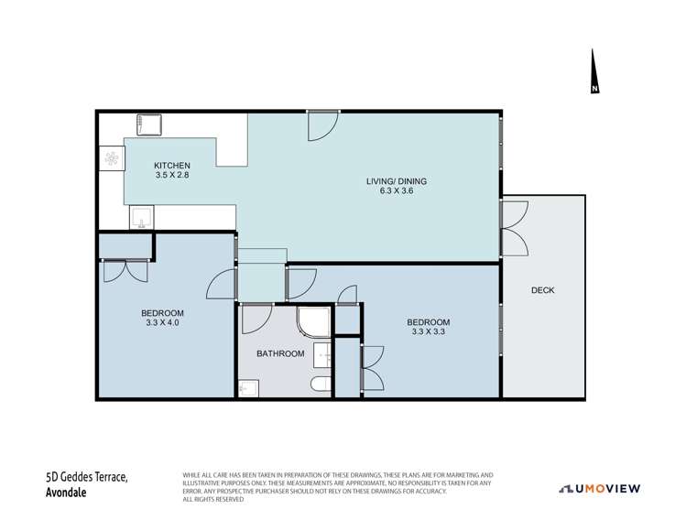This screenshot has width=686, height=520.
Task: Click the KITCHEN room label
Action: pyautogui.click(x=172, y=166)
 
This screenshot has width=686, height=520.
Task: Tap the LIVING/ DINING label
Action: pyautogui.click(x=397, y=181)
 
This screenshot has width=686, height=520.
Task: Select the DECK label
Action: pyautogui.click(x=542, y=290)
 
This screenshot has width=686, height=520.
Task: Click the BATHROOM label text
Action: pyautogui.click(x=280, y=353)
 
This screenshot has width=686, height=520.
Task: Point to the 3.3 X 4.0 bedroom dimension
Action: pyautogui.click(x=162, y=323)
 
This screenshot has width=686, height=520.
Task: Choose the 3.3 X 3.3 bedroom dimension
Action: pyautogui.click(x=429, y=331)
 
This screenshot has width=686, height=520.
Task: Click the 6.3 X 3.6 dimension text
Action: pyautogui.click(x=397, y=190)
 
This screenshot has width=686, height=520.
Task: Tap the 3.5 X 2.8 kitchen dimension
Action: pyautogui.click(x=172, y=175)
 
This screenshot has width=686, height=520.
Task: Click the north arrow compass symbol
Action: pyautogui.click(x=593, y=71)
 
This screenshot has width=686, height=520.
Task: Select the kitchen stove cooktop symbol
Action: pyautogui.click(x=112, y=158)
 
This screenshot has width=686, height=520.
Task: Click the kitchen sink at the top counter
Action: pyautogui.click(x=148, y=125)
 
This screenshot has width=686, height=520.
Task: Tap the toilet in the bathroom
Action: pyautogui.click(x=321, y=385)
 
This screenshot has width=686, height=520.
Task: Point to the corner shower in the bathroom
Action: pyautogui.click(x=313, y=322)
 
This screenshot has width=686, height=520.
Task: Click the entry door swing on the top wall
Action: pyautogui.click(x=323, y=126)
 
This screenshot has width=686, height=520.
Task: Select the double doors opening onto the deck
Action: pyautogui.click(x=515, y=228)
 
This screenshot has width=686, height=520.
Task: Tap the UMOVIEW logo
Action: pyautogui.click(x=599, y=489)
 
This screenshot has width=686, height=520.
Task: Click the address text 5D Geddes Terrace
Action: pyautogui.click(x=87, y=476)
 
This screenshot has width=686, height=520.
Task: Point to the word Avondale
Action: pyautogui.click(x=66, y=493)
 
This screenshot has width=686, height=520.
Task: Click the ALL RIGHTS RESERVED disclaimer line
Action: pyautogui.click(x=213, y=499)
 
